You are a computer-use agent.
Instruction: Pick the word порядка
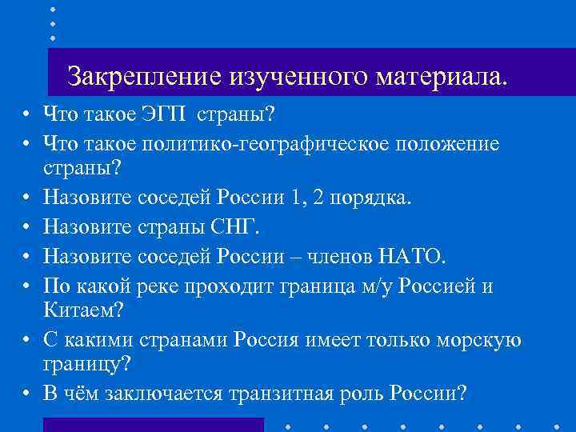[x=372, y=198]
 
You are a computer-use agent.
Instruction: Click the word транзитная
[x=278, y=394]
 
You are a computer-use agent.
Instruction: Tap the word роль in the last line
[x=361, y=394]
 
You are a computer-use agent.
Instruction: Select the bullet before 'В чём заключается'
[x=26, y=394]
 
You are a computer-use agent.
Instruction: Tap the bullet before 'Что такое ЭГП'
[x=26, y=114]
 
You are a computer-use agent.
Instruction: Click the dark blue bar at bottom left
[x=153, y=425]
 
